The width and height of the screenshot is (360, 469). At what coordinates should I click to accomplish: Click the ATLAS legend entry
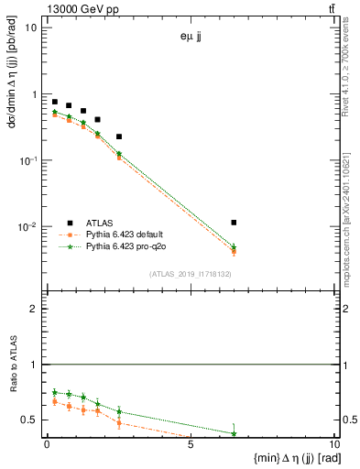coord(99,223)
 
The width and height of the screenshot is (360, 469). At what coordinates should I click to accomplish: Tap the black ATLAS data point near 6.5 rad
coord(235,223)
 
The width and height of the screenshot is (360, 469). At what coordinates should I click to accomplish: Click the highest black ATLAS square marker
coord(55,102)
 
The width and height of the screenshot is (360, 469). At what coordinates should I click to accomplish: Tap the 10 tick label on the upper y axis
coord(30,27)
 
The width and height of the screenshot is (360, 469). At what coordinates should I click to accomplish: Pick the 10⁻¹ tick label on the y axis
coord(27,161)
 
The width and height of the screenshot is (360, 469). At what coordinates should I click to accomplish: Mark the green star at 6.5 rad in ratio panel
coord(235,433)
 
